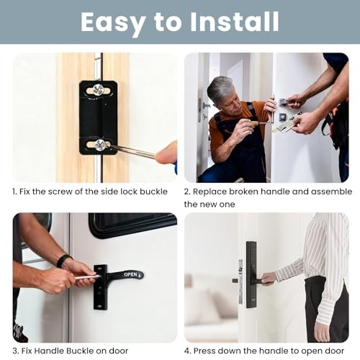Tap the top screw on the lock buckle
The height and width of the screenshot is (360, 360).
(98, 90)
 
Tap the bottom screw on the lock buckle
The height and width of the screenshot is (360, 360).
(101, 145)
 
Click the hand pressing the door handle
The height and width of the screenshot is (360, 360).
(268, 278)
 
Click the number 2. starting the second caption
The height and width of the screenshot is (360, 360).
(188, 192)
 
